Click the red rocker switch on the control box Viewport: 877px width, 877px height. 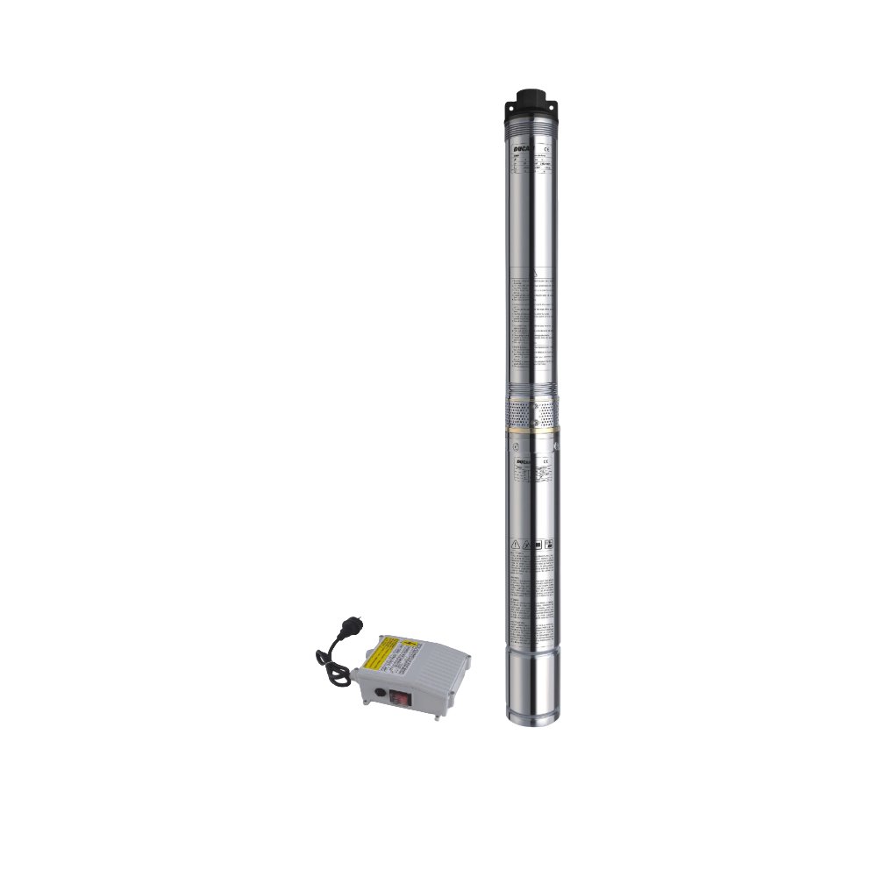(400, 698)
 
